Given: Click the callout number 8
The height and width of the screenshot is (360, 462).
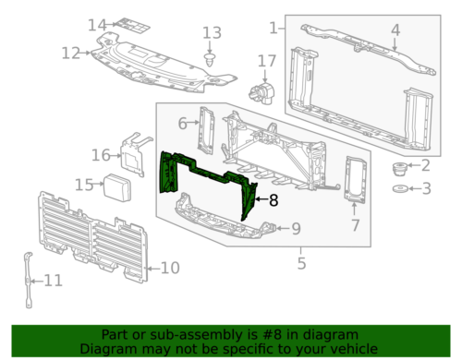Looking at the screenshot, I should [x=273, y=198].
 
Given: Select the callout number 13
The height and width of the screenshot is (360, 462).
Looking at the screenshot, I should [x=213, y=33].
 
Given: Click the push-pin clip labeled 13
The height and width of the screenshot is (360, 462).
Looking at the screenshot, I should [x=212, y=60].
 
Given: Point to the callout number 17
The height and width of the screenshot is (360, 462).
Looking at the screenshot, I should [x=266, y=62].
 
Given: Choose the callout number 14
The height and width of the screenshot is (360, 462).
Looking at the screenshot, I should [x=97, y=24].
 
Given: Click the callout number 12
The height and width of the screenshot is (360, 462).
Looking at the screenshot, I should [x=71, y=54].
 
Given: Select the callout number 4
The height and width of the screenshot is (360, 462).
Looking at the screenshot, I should [x=395, y=30].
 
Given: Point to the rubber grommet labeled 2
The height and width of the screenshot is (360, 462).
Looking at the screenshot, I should [x=400, y=169].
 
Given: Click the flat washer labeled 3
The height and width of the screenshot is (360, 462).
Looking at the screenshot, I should [x=400, y=190].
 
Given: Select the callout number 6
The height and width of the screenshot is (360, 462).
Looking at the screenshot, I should [x=182, y=123].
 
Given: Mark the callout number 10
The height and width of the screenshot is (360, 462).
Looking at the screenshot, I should [x=168, y=269].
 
